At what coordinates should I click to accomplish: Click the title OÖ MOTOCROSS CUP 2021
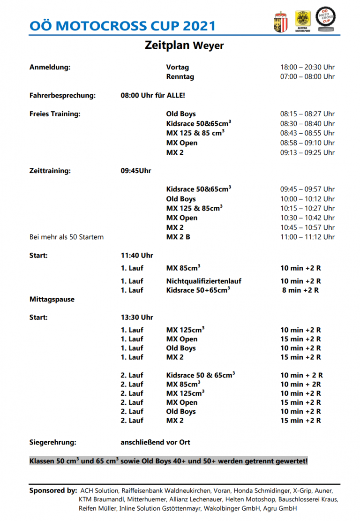coord(122,25)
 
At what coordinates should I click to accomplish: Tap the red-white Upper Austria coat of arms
coord(279,22)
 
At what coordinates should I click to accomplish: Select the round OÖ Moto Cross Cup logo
coord(325,20)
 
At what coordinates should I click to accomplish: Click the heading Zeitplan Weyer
coord(184,45)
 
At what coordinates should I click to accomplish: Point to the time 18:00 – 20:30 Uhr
coord(307,68)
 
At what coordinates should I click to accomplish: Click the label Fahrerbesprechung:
coord(62,96)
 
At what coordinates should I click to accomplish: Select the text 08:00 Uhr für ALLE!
coord(153,96)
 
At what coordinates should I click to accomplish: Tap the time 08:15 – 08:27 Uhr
coord(307,114)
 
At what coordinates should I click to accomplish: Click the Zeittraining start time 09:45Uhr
coord(136,171)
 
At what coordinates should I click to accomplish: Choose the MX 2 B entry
coord(178,237)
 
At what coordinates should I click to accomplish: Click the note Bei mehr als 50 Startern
coord(67,237)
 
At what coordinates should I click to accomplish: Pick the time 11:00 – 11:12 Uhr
coord(307,237)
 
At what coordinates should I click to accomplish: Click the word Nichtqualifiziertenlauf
coord(204,281)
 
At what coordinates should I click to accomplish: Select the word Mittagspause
coord(52,299)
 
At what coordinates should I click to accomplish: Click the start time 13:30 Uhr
coord(137,317)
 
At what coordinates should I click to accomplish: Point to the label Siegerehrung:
coord(52,442)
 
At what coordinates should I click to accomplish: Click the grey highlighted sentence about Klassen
coord(169,461)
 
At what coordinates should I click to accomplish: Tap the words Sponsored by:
coord(53,491)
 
